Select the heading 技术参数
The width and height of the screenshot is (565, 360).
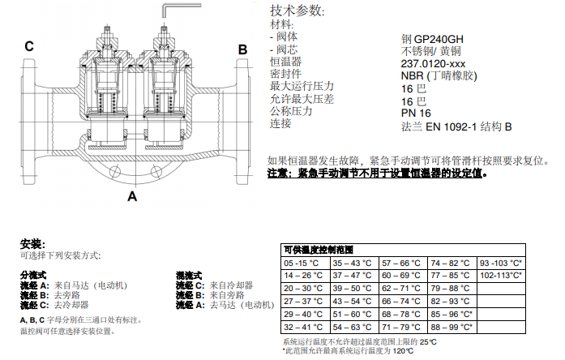coord(296,11)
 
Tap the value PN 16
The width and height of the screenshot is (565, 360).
coord(416,113)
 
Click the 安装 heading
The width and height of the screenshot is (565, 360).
coord(32,243)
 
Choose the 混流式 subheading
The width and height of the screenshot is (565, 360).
coord(189,276)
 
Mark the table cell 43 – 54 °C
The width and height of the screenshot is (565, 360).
coord(353,301)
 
